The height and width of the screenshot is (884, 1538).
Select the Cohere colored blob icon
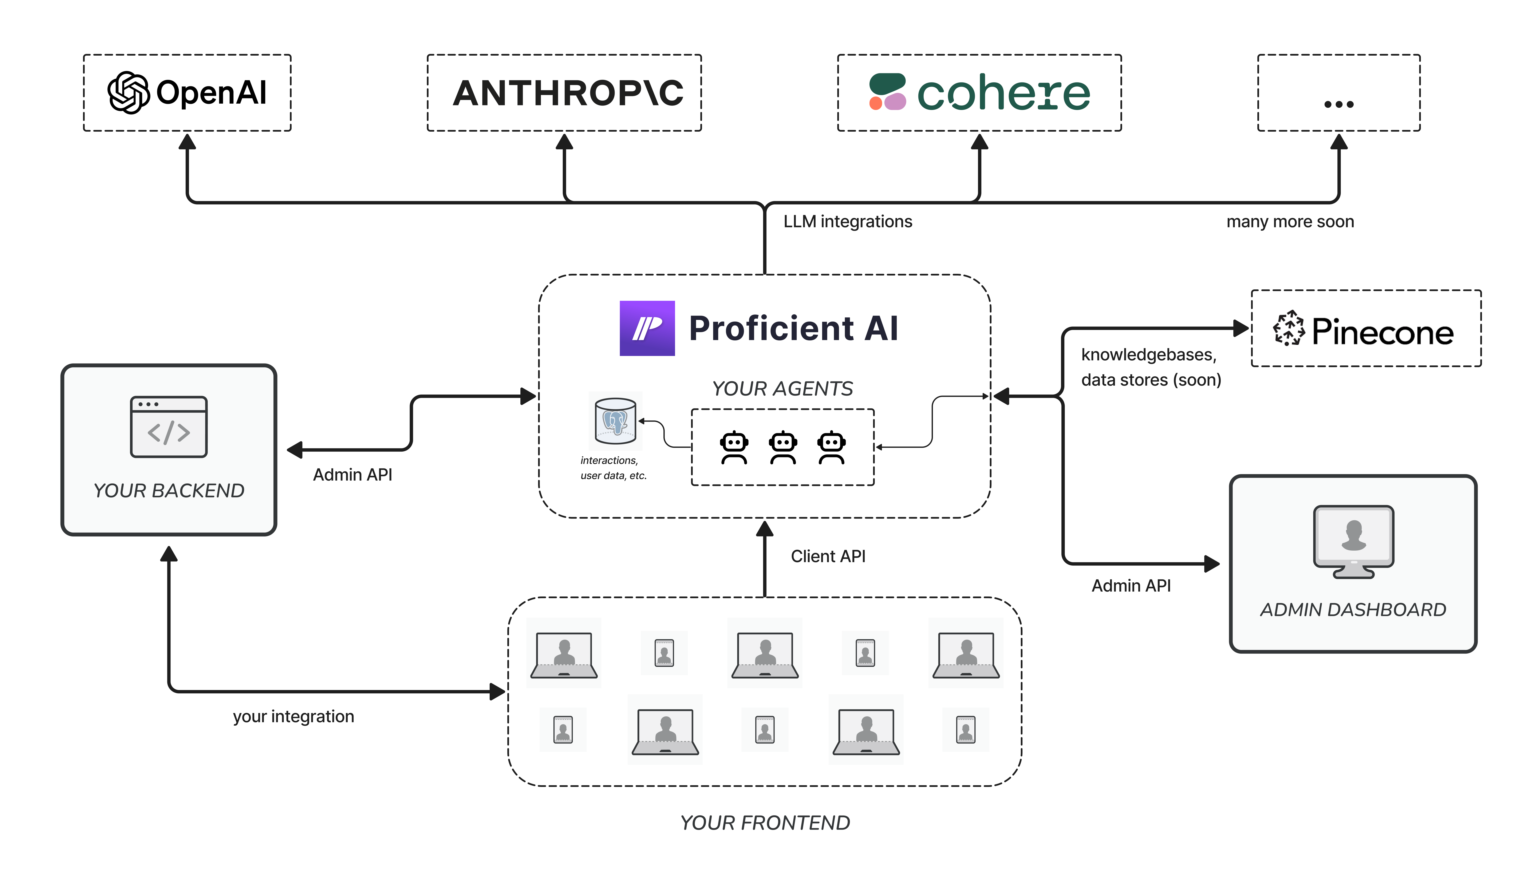[887, 92]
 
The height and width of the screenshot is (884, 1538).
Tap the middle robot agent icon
[783, 447]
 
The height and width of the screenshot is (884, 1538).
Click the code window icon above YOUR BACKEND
[169, 427]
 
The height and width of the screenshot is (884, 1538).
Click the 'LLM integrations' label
[848, 222]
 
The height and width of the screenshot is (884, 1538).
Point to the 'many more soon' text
[1290, 222]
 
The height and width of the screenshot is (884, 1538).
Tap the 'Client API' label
[828, 556]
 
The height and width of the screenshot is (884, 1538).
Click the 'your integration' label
[293, 716]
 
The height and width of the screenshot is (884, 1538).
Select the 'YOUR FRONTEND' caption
[765, 823]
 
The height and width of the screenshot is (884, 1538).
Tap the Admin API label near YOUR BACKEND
[352, 475]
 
